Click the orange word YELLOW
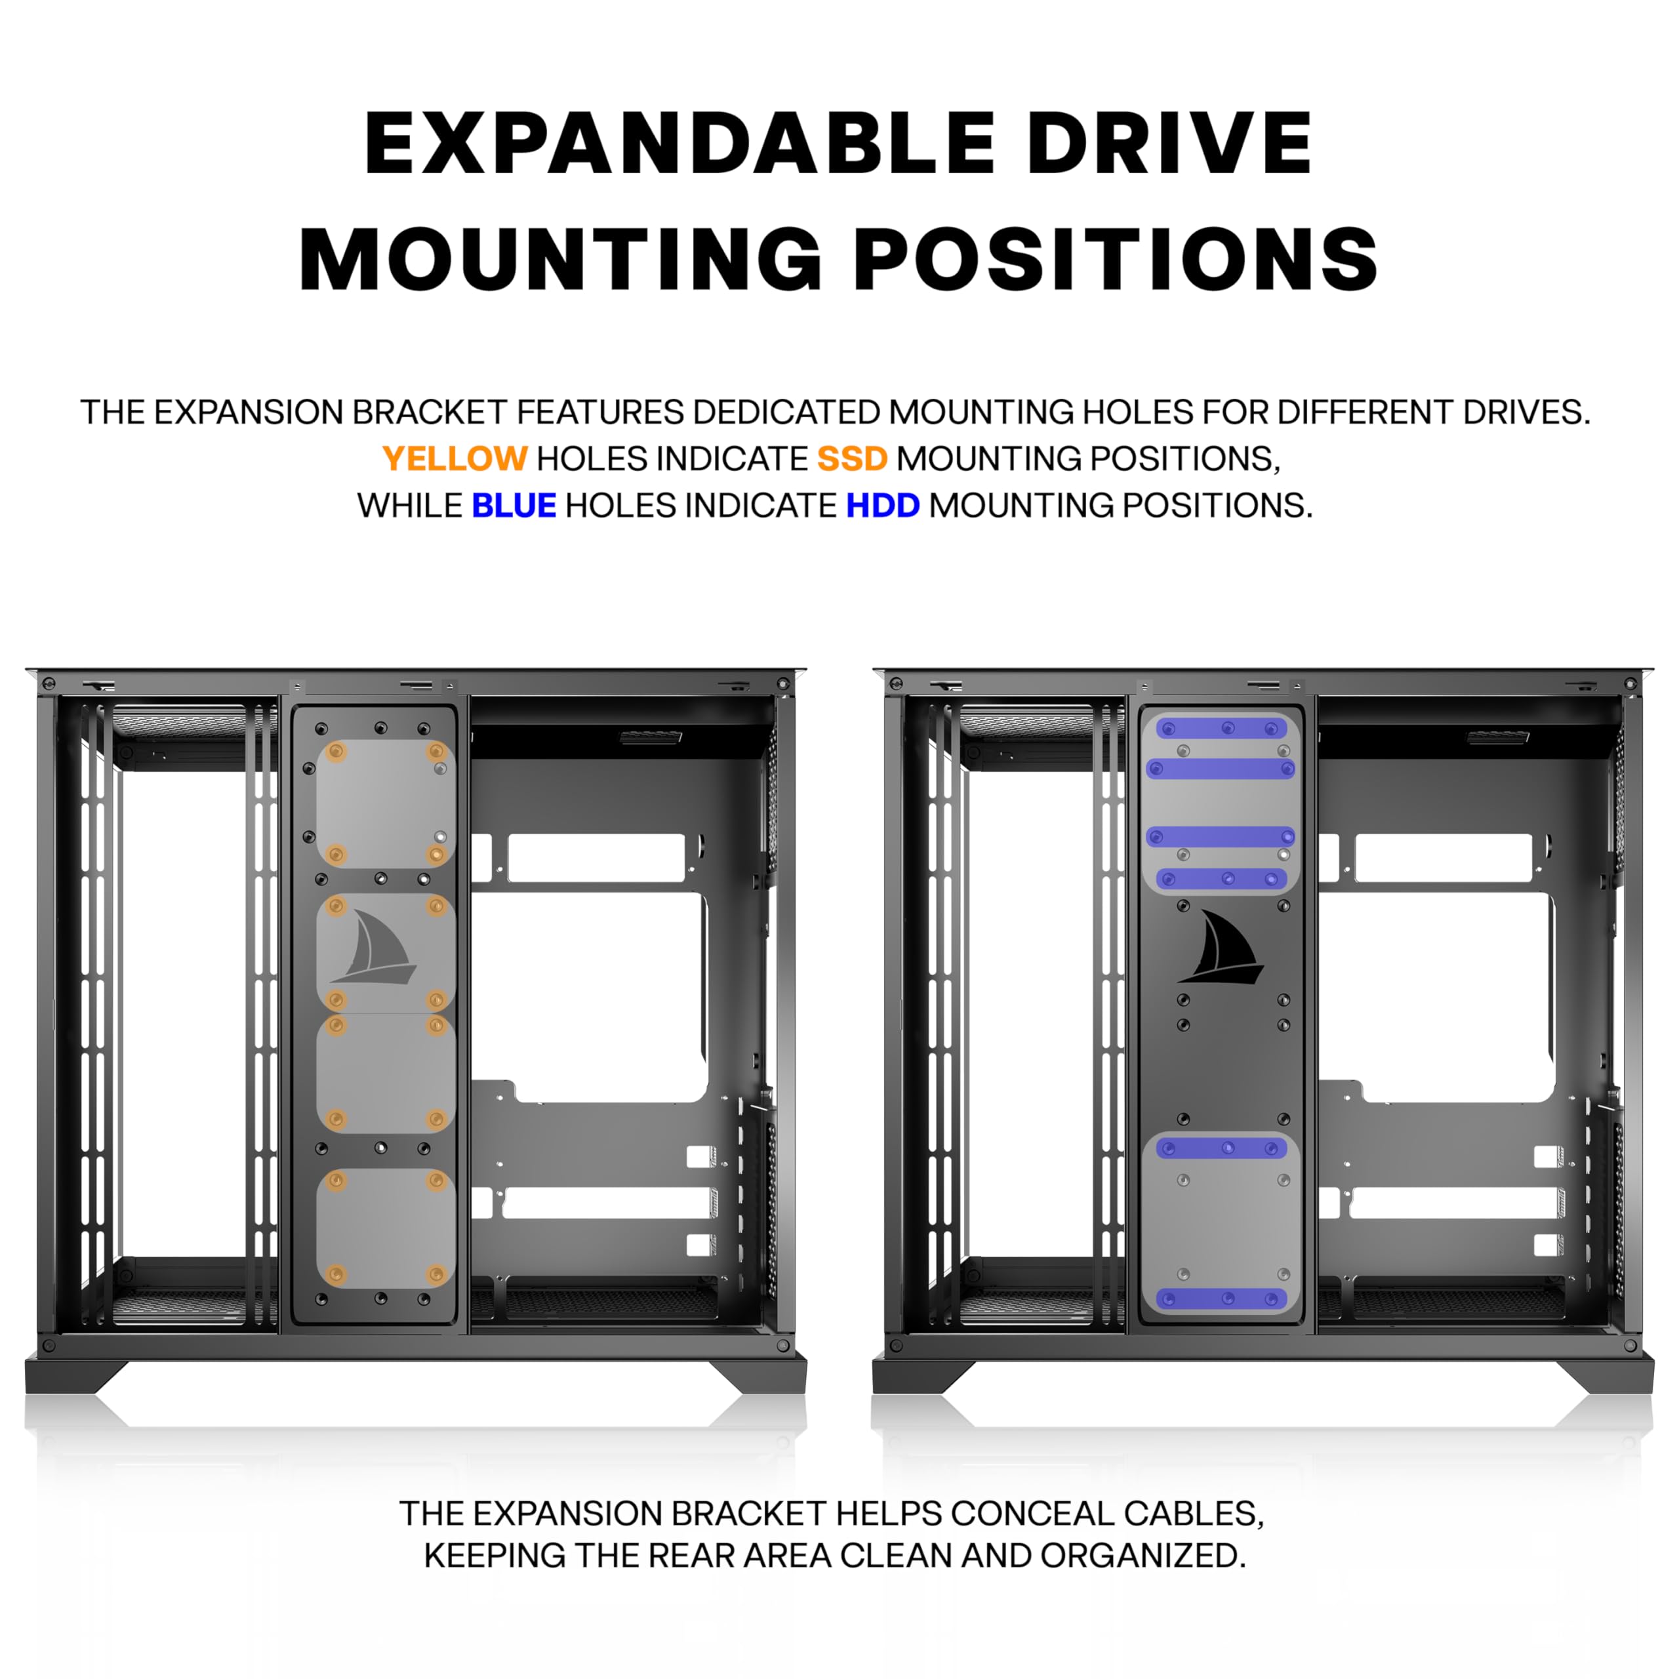[455, 459]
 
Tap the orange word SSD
[852, 459]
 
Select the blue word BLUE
[514, 506]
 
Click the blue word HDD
[882, 506]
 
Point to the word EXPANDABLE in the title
[679, 144]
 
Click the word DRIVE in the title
[1169, 144]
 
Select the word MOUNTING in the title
[561, 259]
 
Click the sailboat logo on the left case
[373, 946]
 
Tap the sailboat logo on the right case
[1220, 946]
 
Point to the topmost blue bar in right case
[1221, 728]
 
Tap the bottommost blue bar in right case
[1221, 1299]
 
